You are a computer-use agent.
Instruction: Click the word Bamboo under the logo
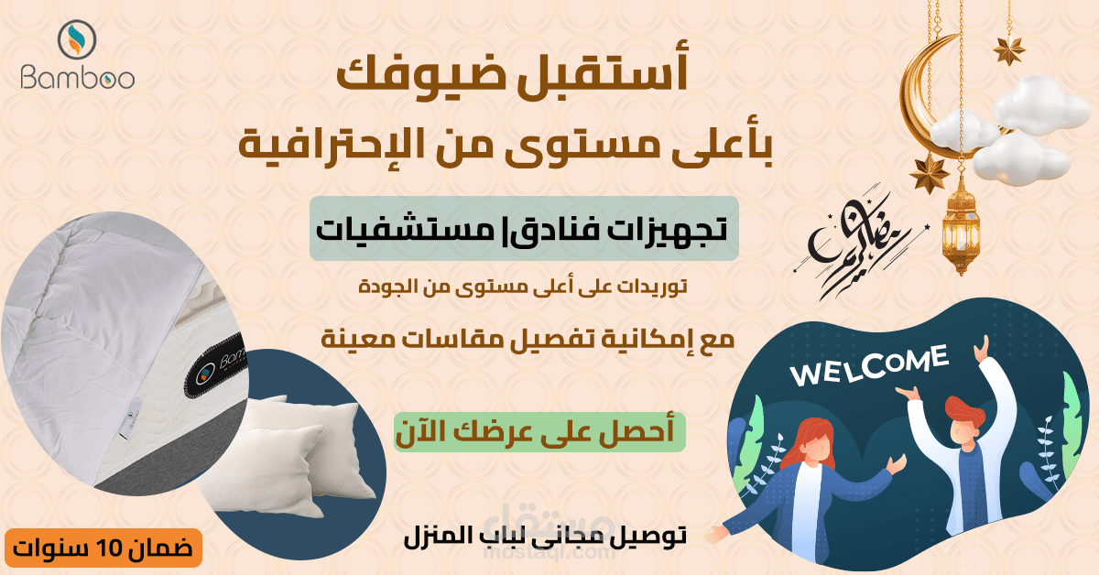pyautogui.click(x=78, y=78)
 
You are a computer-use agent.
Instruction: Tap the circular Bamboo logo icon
pyautogui.click(x=77, y=39)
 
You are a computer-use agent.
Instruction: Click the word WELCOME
pyautogui.click(x=869, y=365)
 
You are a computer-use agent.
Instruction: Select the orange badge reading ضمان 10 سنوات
pyautogui.click(x=103, y=548)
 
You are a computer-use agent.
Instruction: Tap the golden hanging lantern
pyautogui.click(x=961, y=225)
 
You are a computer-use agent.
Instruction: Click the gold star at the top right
pyautogui.click(x=1009, y=50)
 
